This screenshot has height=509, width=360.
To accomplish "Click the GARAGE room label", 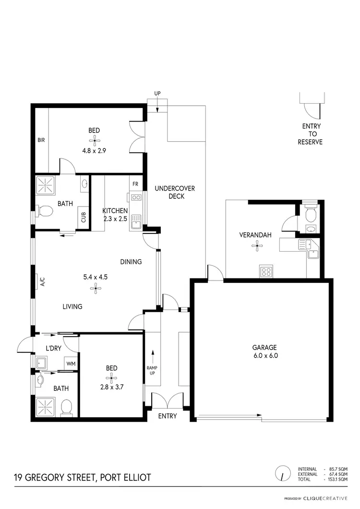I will [x=265, y=348].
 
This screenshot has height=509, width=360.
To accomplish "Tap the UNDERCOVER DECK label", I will [x=174, y=193].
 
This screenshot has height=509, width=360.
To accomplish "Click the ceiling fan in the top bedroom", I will [x=94, y=140].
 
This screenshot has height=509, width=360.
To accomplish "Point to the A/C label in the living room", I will [x=42, y=282].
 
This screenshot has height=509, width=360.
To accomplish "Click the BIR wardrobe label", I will [x=41, y=141].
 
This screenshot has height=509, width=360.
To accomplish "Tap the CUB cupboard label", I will [x=84, y=217].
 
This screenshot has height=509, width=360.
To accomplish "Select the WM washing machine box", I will [x=71, y=364].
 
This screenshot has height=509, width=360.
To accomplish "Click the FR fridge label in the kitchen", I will [x=135, y=184].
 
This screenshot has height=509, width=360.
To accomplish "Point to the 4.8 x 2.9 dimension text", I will [x=94, y=150].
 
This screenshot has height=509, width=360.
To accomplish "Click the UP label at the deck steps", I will [x=157, y=93].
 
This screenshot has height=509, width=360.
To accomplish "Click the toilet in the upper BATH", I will [x=46, y=210].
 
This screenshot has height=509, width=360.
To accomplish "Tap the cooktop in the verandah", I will [x=266, y=271].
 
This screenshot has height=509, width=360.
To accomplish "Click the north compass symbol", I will [x=283, y=473].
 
